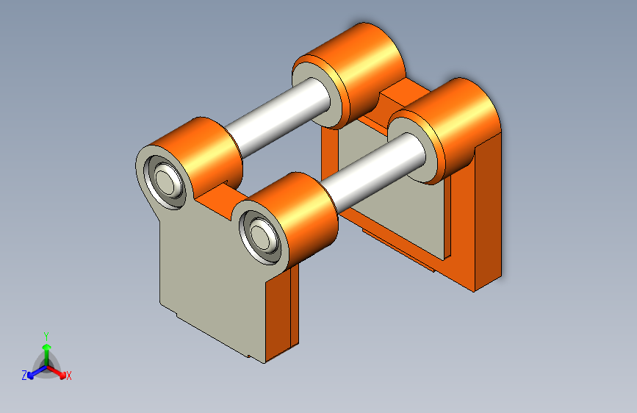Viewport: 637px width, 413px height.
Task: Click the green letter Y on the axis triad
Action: tap(46, 337)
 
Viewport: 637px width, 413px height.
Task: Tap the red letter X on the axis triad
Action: tap(68, 376)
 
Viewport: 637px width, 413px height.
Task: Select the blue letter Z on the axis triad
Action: tap(24, 376)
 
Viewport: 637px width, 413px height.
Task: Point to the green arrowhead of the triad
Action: tap(47, 347)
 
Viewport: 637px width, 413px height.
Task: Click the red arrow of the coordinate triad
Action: tap(56, 372)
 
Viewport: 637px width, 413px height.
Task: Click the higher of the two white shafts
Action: tap(278, 116)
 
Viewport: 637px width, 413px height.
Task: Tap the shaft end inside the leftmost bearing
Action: tap(165, 181)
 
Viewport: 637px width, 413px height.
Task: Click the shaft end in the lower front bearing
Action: tap(260, 236)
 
